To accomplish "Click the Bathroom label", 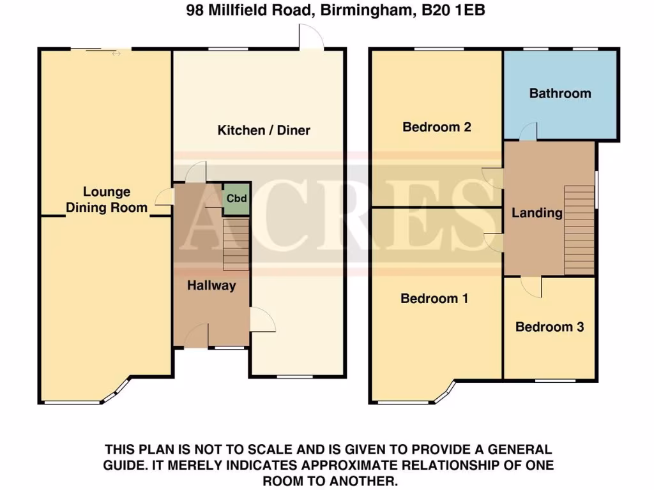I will (560, 93).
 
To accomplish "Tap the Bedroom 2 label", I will (437, 127).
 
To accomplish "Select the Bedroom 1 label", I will (434, 298).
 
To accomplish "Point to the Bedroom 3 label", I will (549, 327).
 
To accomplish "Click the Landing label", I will (536, 212).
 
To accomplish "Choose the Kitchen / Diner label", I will (264, 130).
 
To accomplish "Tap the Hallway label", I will (211, 285).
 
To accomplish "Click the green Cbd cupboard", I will (236, 197).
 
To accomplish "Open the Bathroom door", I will (527, 132).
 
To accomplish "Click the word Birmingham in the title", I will (361, 10).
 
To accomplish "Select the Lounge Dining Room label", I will (106, 199).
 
